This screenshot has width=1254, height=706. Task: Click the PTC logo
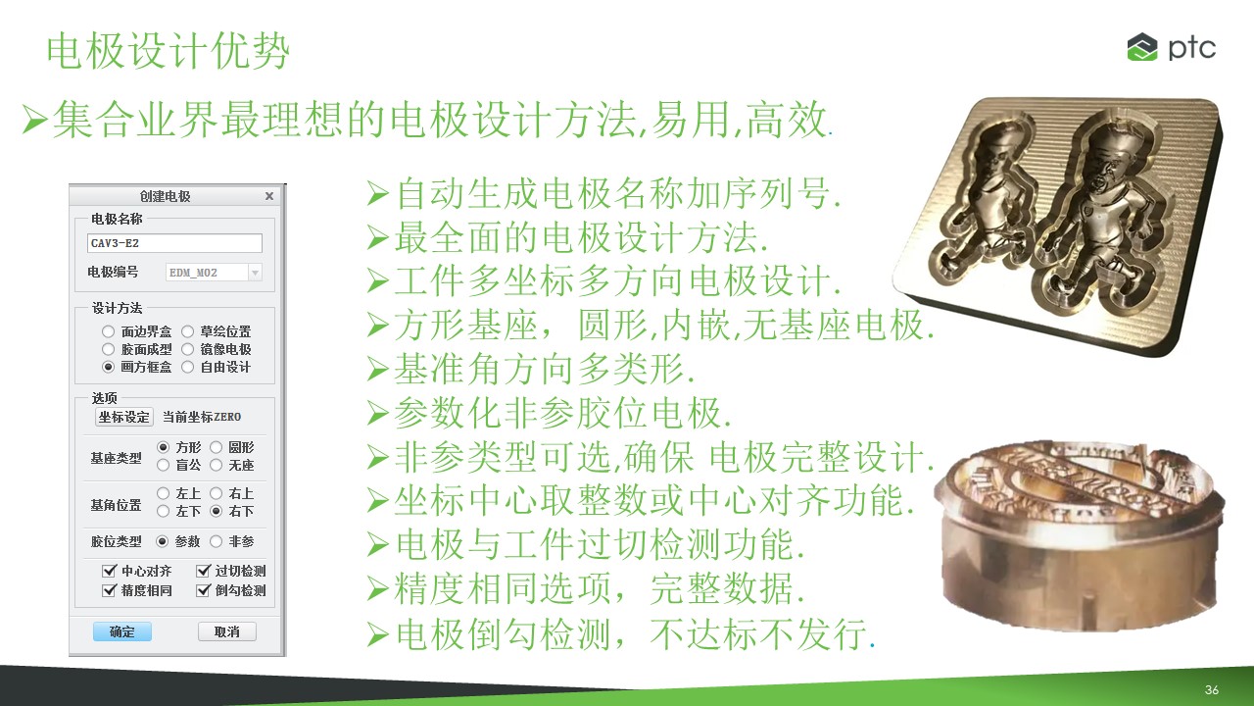click(x=1171, y=47)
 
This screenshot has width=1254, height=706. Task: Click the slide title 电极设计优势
click(x=168, y=51)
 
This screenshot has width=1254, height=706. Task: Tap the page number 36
click(x=1212, y=689)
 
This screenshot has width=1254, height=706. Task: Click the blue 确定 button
click(x=122, y=631)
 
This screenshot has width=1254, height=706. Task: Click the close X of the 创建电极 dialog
click(x=269, y=196)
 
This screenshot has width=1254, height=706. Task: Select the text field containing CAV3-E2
click(x=174, y=243)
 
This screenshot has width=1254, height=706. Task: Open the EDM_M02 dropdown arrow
click(x=255, y=273)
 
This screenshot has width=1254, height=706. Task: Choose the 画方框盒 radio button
click(x=108, y=367)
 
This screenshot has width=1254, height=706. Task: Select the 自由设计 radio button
click(x=187, y=367)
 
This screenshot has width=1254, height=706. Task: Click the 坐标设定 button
click(x=123, y=417)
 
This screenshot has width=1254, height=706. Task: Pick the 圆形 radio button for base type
click(x=217, y=447)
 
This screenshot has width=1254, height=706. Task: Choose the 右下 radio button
click(x=217, y=511)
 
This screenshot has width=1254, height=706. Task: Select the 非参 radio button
click(x=217, y=541)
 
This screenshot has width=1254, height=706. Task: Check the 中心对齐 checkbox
click(x=109, y=571)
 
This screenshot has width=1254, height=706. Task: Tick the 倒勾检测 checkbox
click(x=203, y=590)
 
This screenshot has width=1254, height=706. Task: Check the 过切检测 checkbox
click(x=203, y=571)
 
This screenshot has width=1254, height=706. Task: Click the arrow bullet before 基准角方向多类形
click(x=378, y=370)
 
